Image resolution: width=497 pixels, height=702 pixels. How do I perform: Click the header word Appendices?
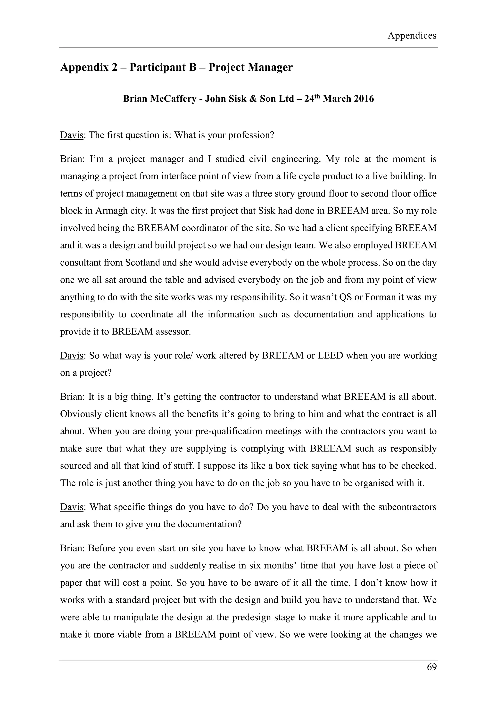click(x=412, y=36)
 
